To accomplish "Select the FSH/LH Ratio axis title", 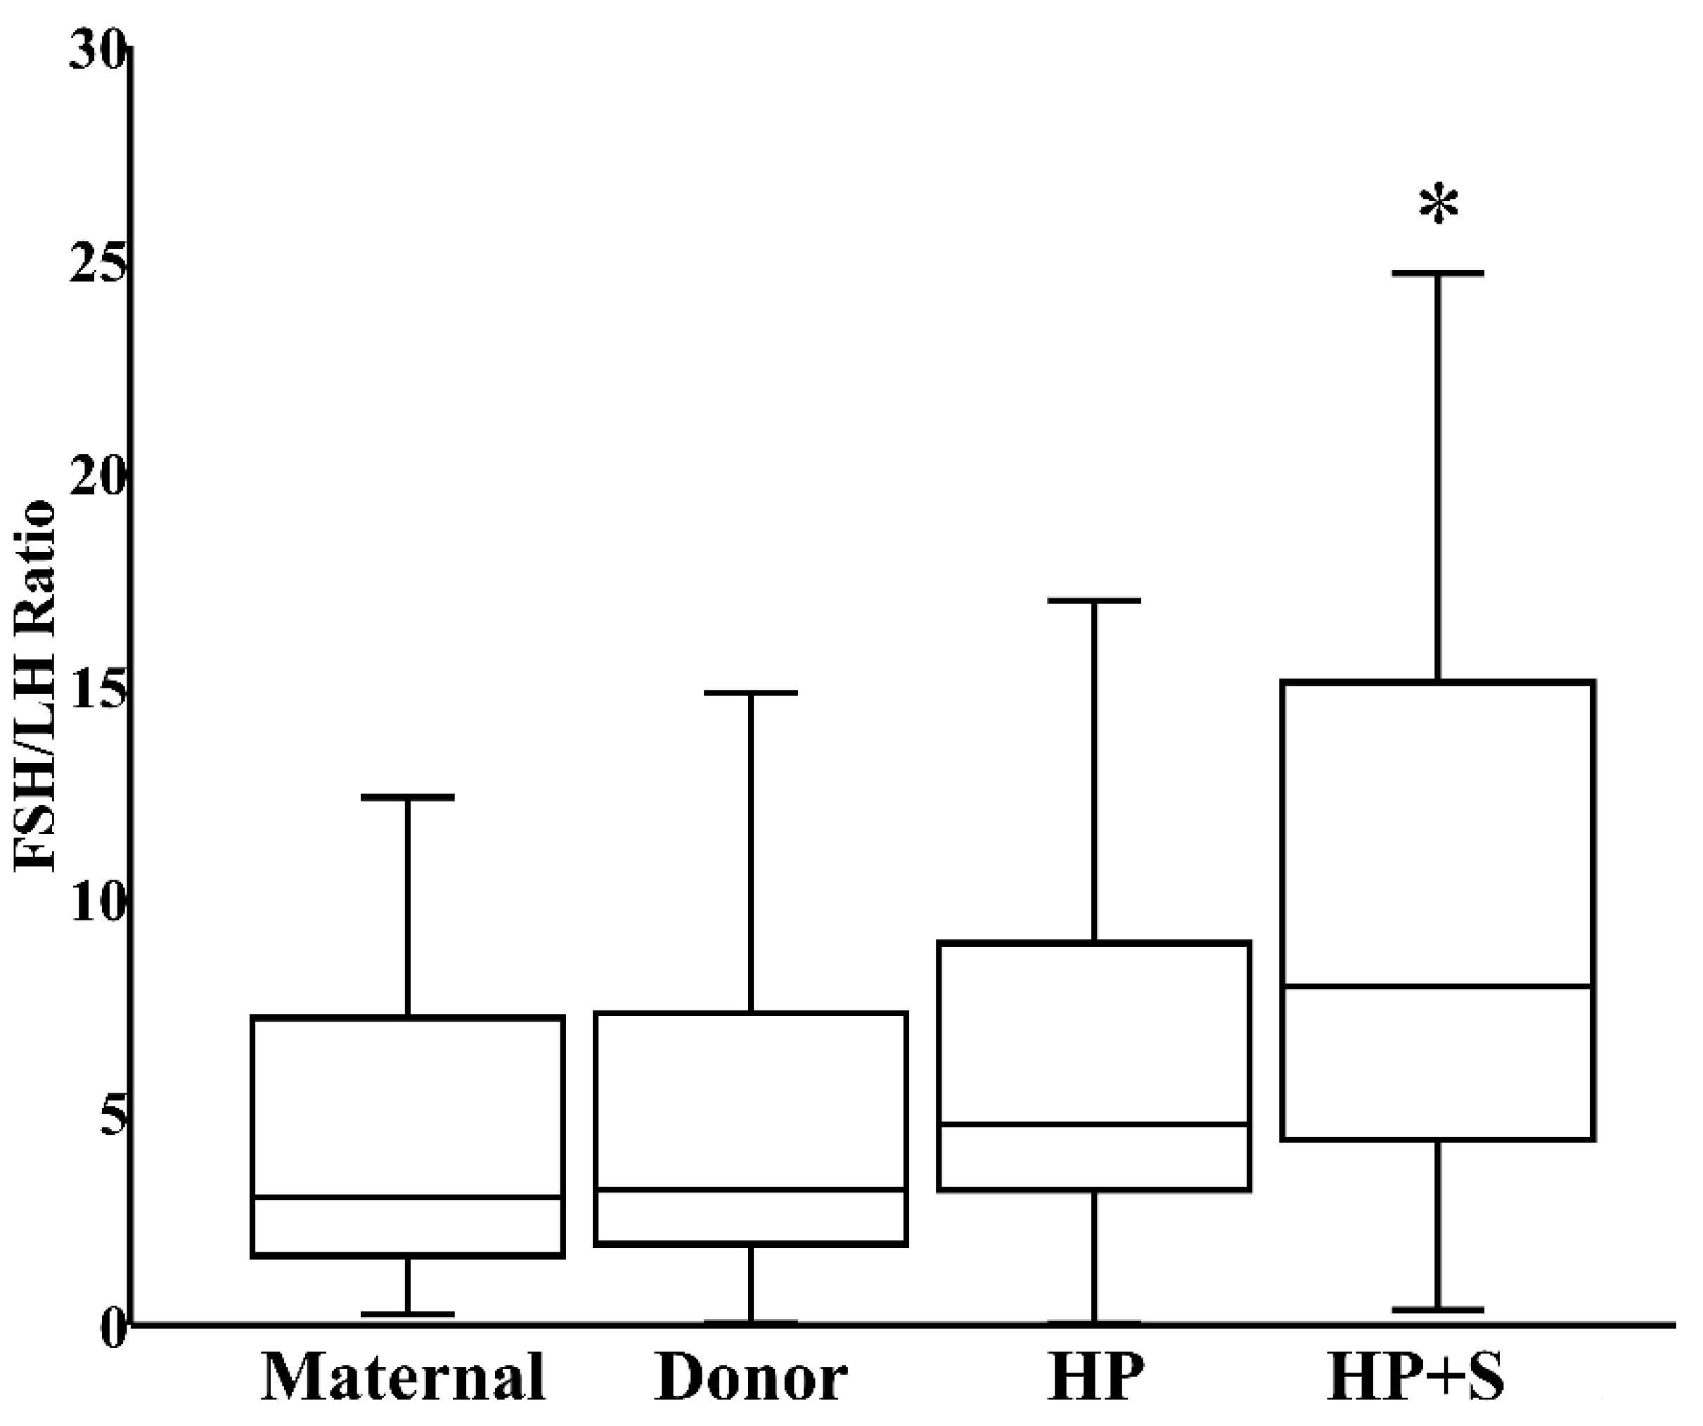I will pyautogui.click(x=36, y=686).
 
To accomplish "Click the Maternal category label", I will pyautogui.click(x=403, y=1378).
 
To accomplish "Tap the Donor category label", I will pyautogui.click(x=751, y=1378).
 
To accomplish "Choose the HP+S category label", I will pyautogui.click(x=1416, y=1378).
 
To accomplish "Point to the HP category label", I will pyautogui.click(x=1095, y=1378).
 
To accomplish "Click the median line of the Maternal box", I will pyautogui.click(x=408, y=1197).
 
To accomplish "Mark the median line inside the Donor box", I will pyautogui.click(x=751, y=1189).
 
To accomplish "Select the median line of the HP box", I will pyautogui.click(x=1094, y=1124).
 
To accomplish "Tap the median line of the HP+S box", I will pyautogui.click(x=1439, y=987).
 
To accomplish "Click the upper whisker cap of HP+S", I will pyautogui.click(x=1439, y=274).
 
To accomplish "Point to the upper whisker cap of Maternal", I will pyautogui.click(x=408, y=797).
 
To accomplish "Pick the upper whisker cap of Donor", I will pyautogui.click(x=751, y=693).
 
